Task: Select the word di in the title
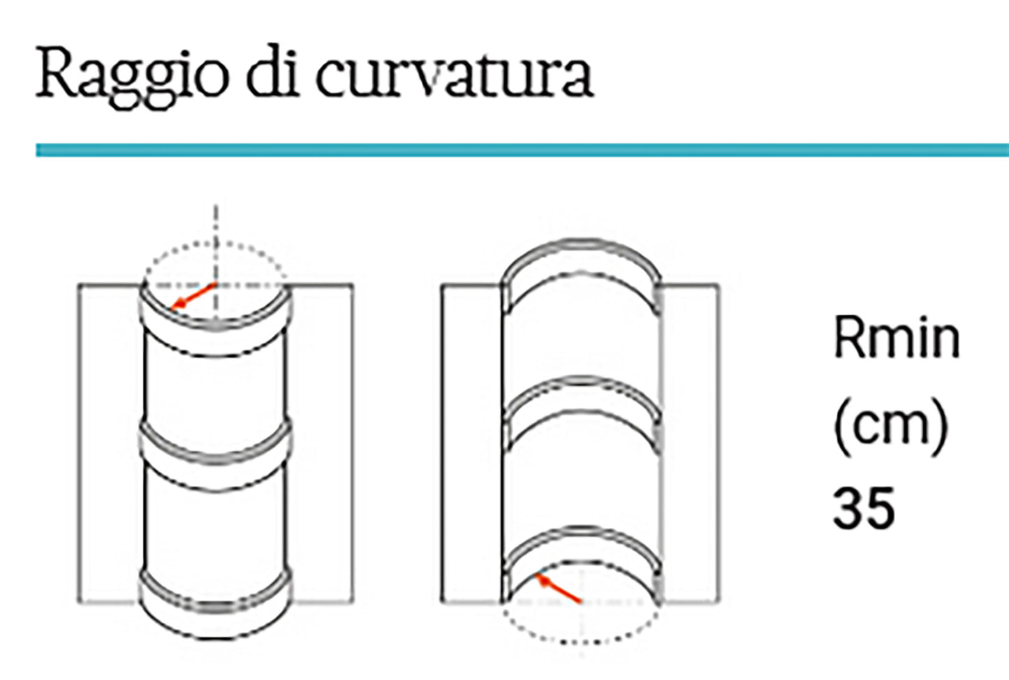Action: click(272, 73)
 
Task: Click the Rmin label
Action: click(897, 339)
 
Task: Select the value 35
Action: click(863, 508)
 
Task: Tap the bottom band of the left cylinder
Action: click(215, 604)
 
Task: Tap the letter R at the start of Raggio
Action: click(56, 73)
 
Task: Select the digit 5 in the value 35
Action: click(880, 508)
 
